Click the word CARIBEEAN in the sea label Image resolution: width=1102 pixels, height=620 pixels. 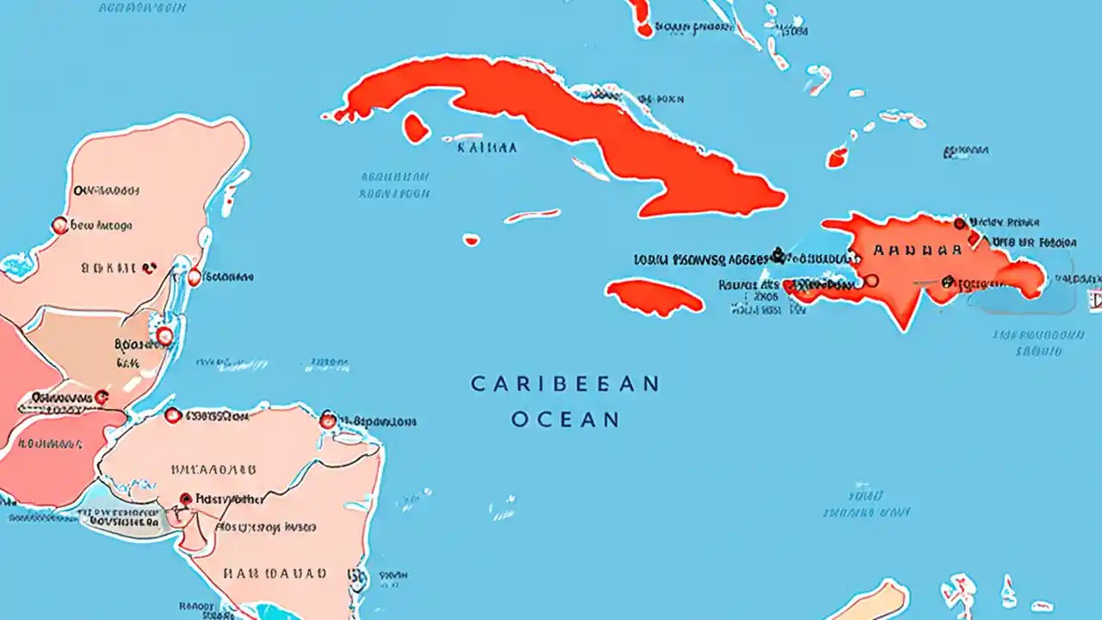(x=565, y=384)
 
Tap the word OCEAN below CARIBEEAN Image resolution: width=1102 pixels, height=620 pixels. (x=565, y=419)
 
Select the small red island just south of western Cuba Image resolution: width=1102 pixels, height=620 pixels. (x=416, y=128)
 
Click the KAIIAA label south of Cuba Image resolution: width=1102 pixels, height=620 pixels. (x=487, y=147)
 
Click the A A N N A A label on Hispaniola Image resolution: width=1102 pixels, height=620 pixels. (x=916, y=251)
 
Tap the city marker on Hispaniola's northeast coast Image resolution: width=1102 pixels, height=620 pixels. (x=960, y=224)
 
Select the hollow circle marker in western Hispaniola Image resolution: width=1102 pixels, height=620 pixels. (x=870, y=280)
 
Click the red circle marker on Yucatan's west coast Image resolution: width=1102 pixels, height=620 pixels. (x=59, y=226)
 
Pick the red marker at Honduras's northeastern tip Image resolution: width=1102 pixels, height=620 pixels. (x=327, y=420)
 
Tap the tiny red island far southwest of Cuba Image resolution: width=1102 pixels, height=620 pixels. (x=471, y=240)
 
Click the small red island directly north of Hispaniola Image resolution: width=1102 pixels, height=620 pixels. (x=837, y=158)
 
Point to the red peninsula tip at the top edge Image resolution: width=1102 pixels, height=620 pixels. (x=641, y=17)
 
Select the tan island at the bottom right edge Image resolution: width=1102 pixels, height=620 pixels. (x=870, y=600)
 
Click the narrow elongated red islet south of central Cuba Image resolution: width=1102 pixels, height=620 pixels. (x=531, y=215)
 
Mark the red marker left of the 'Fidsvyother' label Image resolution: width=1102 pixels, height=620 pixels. (x=185, y=499)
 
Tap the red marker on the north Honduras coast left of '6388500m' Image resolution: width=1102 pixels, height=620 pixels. (x=172, y=416)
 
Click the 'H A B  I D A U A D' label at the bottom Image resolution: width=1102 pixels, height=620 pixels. (x=275, y=573)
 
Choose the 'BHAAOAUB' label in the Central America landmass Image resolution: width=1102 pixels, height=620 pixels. (x=213, y=470)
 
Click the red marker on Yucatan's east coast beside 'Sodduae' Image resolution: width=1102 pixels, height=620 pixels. (x=195, y=277)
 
